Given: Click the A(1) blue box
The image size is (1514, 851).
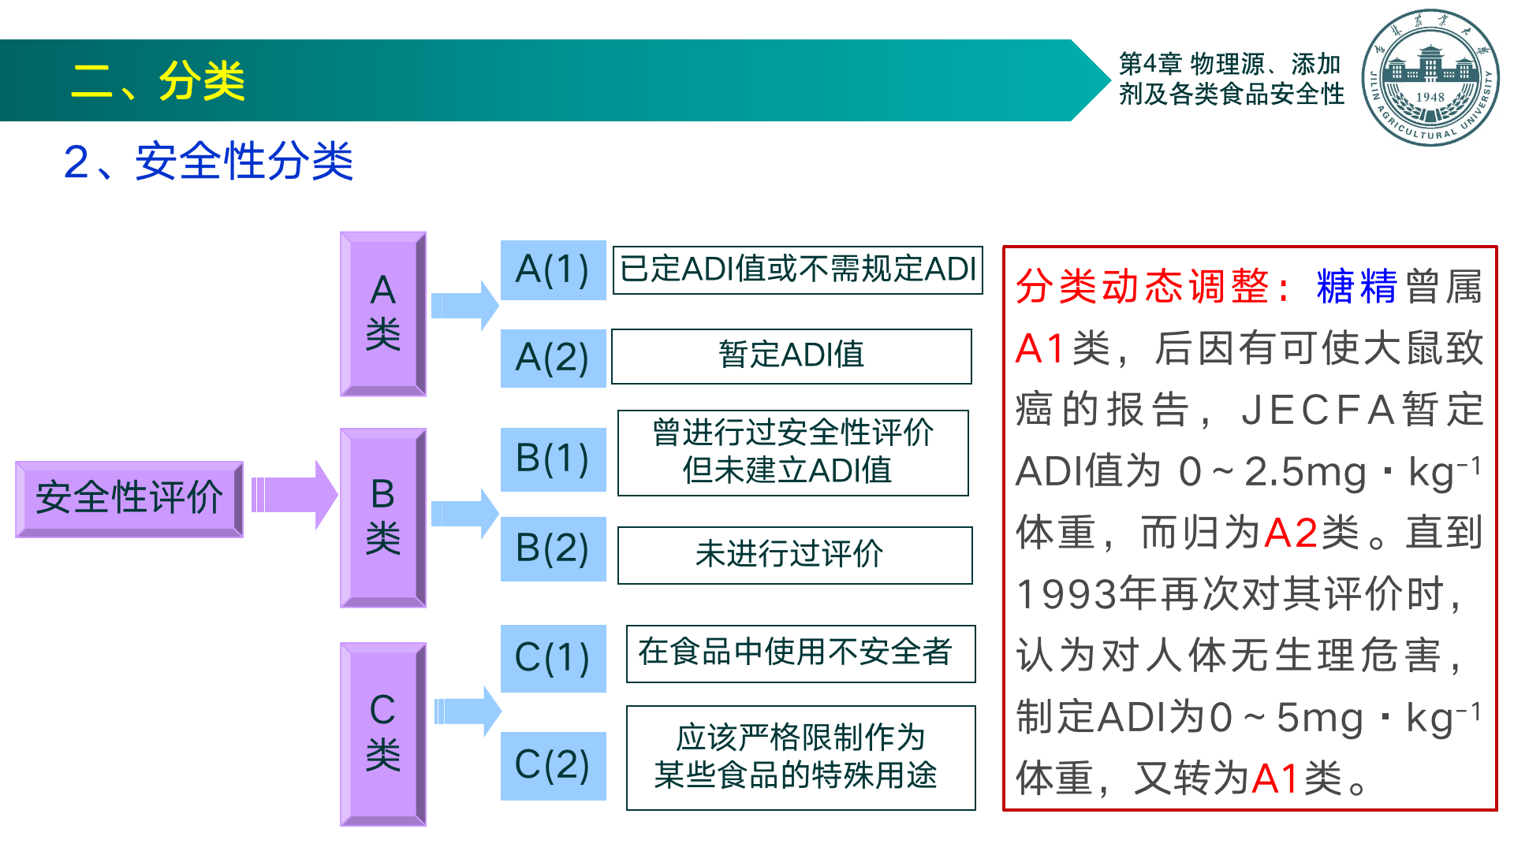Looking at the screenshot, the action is [x=553, y=269].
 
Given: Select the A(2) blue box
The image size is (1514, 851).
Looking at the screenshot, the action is [x=553, y=358].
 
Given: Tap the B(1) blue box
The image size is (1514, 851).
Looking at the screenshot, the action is [x=553, y=459].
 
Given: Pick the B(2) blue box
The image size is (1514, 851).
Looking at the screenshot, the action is [x=553, y=548].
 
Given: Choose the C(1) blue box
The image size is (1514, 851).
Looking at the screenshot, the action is [x=553, y=658].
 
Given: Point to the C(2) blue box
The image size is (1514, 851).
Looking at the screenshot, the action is [x=553, y=765].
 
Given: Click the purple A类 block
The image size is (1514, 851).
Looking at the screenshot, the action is [x=383, y=314].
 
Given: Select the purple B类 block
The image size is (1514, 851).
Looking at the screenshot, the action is [x=383, y=518].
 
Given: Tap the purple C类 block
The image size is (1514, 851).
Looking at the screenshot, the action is [x=383, y=734].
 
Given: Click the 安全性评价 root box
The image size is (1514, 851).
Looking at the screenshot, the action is [x=129, y=499].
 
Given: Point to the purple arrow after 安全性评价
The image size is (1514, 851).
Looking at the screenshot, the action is [x=294, y=495].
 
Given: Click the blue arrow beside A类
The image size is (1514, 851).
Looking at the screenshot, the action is [x=464, y=305].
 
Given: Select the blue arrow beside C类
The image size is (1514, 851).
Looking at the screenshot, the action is [x=467, y=711].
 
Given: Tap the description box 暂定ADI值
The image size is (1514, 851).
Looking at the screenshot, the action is [x=791, y=356].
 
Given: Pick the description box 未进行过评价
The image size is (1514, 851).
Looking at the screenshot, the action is [x=794, y=555].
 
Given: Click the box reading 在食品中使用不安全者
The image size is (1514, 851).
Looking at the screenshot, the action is [x=800, y=653].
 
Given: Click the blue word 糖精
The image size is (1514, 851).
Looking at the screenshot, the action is [x=1356, y=287].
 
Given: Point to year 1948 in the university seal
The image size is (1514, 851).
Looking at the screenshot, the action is [x=1430, y=97].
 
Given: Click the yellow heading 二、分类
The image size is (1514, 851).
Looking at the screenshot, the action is [x=158, y=81].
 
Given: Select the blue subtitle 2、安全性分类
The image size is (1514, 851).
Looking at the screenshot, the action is [x=208, y=162].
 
